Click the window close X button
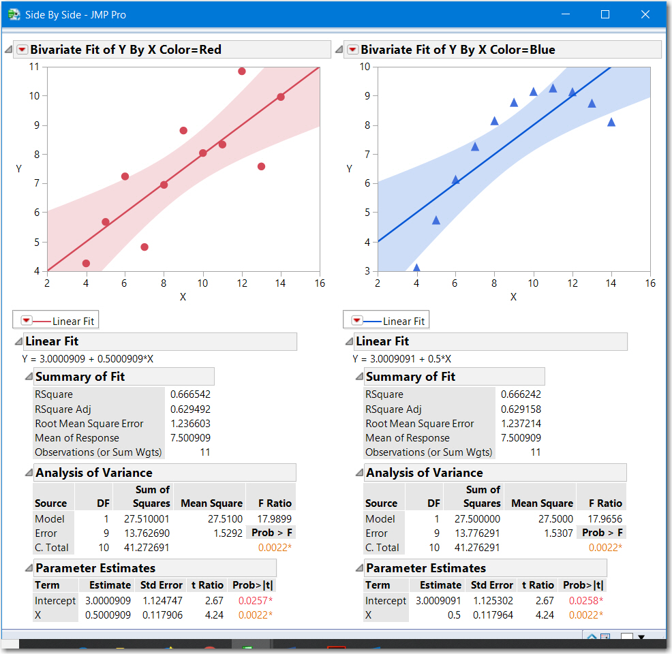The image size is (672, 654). coord(645,14)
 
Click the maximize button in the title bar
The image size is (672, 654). coord(605,14)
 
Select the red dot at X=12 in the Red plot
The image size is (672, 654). coord(242,71)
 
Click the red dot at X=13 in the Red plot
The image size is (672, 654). coord(261,166)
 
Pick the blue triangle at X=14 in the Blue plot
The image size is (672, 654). coord(611,122)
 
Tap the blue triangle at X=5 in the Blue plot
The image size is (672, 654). coord(436,220)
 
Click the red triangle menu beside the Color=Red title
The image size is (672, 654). coord(22,50)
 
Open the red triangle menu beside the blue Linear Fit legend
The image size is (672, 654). coord(356,321)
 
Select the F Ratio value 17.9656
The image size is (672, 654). coord(600,518)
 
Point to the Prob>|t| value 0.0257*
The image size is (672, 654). coord(256,600)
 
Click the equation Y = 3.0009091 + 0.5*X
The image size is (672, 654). coord(401,359)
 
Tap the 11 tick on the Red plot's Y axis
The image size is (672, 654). coord(33,67)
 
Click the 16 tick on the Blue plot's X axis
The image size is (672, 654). coord(650,283)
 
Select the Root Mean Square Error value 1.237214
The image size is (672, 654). coord(521,423)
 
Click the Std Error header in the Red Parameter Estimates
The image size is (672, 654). coord(161,585)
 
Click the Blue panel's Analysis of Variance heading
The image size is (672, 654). coord(424,473)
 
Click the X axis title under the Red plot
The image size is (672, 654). coord(183,297)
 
